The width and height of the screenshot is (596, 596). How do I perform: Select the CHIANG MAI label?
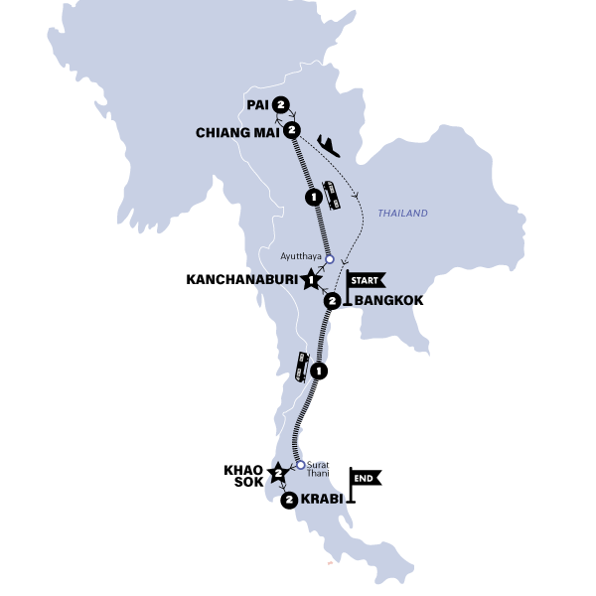[237, 132]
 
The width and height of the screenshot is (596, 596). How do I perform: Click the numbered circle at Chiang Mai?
[291, 131]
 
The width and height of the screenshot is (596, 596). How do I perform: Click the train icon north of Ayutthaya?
[336, 197]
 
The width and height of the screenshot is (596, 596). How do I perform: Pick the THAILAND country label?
[402, 214]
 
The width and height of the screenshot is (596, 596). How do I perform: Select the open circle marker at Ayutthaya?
[331, 254]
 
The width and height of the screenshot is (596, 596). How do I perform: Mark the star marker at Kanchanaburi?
[314, 279]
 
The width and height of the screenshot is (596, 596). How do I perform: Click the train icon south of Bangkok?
[302, 368]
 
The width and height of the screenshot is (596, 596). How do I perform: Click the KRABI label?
[321, 501]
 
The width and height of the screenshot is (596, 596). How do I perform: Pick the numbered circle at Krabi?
[289, 501]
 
